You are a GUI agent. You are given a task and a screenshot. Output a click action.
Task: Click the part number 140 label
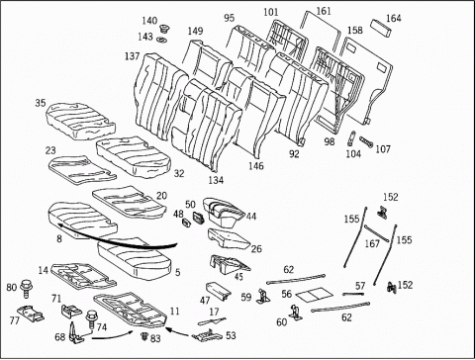point(149,21)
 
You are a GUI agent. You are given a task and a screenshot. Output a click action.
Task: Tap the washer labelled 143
point(162,40)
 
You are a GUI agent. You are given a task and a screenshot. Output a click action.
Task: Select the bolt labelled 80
point(26,288)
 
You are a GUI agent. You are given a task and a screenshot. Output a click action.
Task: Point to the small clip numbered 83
point(144,336)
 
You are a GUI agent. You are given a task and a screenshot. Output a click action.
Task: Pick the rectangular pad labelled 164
point(382,28)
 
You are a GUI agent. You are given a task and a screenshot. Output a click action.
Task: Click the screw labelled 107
point(366,141)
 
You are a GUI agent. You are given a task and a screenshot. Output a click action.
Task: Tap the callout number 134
point(216,180)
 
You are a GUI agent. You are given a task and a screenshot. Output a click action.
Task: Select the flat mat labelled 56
point(312,295)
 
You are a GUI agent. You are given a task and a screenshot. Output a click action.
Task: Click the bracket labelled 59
point(263,296)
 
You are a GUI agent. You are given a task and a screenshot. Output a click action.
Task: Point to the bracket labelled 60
point(296,313)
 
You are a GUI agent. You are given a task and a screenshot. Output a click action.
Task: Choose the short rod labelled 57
point(353,294)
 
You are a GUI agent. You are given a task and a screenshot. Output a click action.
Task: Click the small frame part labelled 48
point(187,223)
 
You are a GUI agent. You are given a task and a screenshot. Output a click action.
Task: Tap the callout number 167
point(372,244)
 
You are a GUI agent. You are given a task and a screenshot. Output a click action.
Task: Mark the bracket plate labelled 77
point(31,313)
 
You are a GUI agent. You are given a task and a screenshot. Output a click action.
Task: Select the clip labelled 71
point(71,311)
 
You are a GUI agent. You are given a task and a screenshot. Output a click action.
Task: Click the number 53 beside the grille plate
point(231,335)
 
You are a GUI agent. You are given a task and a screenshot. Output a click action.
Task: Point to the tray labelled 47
point(218,291)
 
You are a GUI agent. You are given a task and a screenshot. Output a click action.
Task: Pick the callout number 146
point(256,165)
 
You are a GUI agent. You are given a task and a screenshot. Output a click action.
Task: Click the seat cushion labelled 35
point(80,121)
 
